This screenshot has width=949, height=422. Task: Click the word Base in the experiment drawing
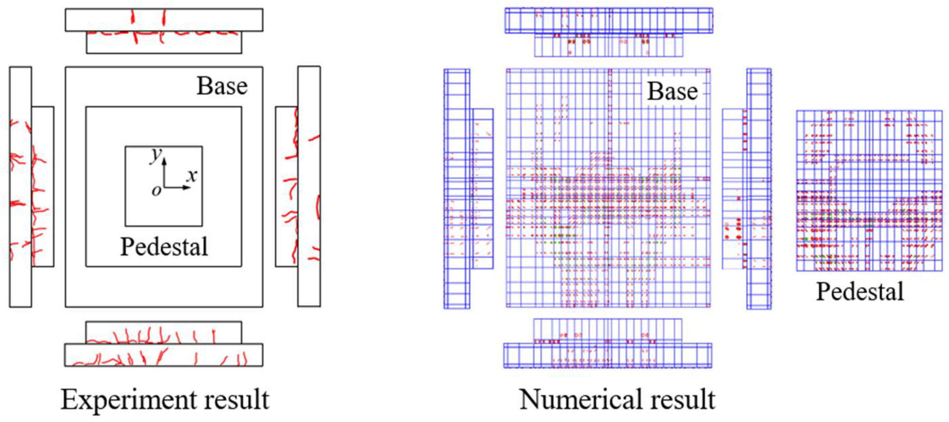(222, 86)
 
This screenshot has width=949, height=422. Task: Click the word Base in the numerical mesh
(672, 91)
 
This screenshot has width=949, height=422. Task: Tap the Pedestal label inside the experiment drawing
(164, 246)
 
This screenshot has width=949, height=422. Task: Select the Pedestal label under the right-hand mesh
(860, 291)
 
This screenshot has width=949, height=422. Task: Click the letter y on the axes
(156, 156)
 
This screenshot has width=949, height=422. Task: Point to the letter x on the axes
(191, 176)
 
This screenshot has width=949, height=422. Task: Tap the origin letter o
(157, 190)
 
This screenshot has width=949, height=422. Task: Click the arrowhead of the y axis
(164, 160)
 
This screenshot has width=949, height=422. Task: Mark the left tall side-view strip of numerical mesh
(457, 188)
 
